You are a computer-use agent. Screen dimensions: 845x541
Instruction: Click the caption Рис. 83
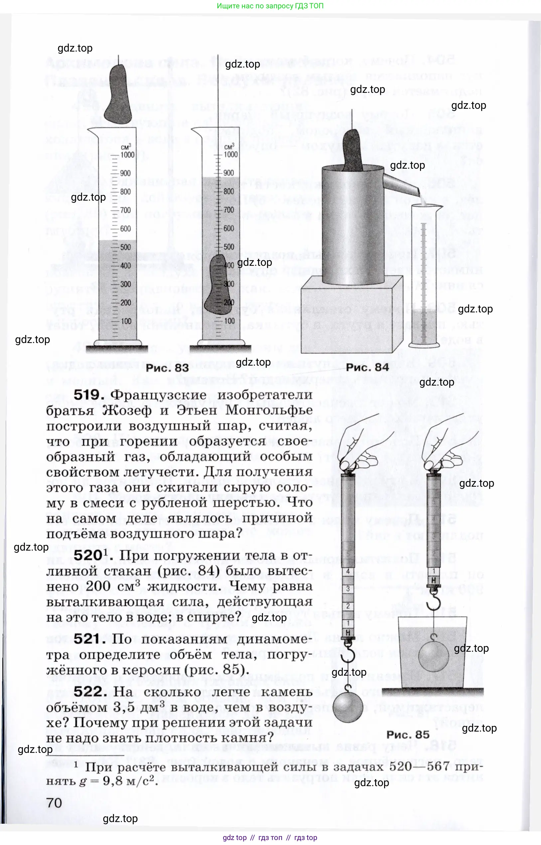pos(167,368)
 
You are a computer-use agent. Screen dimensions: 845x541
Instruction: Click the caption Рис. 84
pos(367,367)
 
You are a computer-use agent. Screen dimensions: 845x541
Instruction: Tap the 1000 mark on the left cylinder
pos(127,155)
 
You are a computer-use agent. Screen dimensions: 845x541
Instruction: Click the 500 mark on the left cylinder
pos(125,247)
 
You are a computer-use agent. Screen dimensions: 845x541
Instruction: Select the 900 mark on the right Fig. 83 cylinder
pos(228,173)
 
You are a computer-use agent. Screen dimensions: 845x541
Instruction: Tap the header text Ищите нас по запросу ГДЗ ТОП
pos(270,6)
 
